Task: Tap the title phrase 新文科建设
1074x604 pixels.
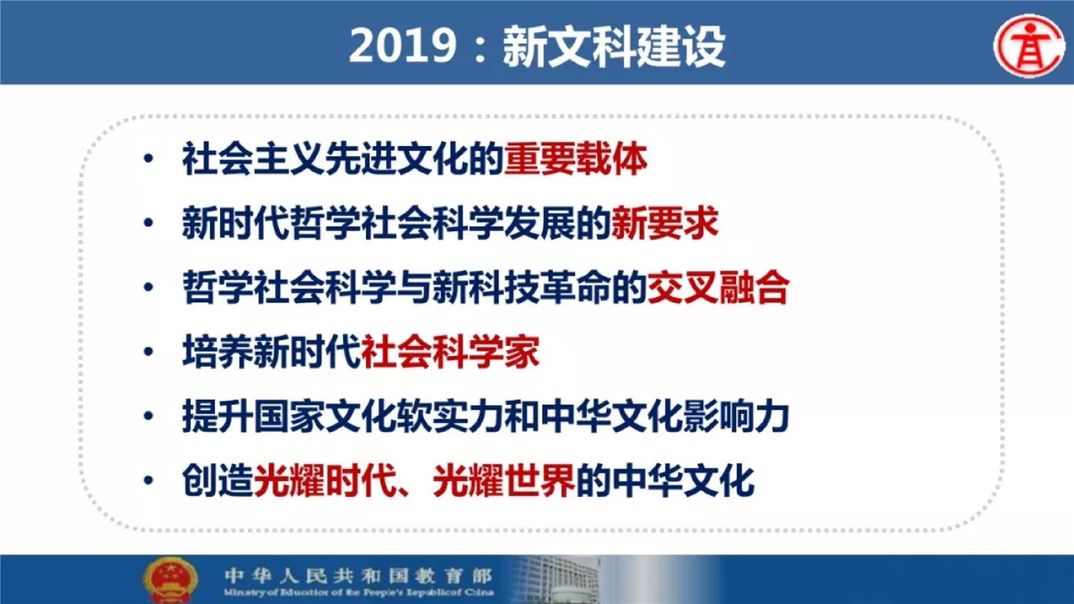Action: pos(614,47)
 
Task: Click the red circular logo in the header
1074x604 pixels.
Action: pos(1029,46)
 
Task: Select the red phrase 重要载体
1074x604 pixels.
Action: pos(576,159)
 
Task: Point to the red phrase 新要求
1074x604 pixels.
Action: pos(665,223)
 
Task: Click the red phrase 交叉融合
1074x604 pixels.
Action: pos(718,287)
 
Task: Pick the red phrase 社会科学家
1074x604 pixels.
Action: pos(450,352)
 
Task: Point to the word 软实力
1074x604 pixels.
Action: pos(450,416)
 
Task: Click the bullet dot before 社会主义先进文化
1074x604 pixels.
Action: pos(149,159)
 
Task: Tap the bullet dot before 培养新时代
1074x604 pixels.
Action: pos(149,351)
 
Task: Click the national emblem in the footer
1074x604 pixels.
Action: pos(170,580)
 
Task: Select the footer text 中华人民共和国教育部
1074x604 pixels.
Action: pos(358,575)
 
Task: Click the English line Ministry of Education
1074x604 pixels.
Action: pos(358,593)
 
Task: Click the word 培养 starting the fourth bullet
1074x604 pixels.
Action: pos(218,352)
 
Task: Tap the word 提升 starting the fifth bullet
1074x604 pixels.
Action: pos(218,416)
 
